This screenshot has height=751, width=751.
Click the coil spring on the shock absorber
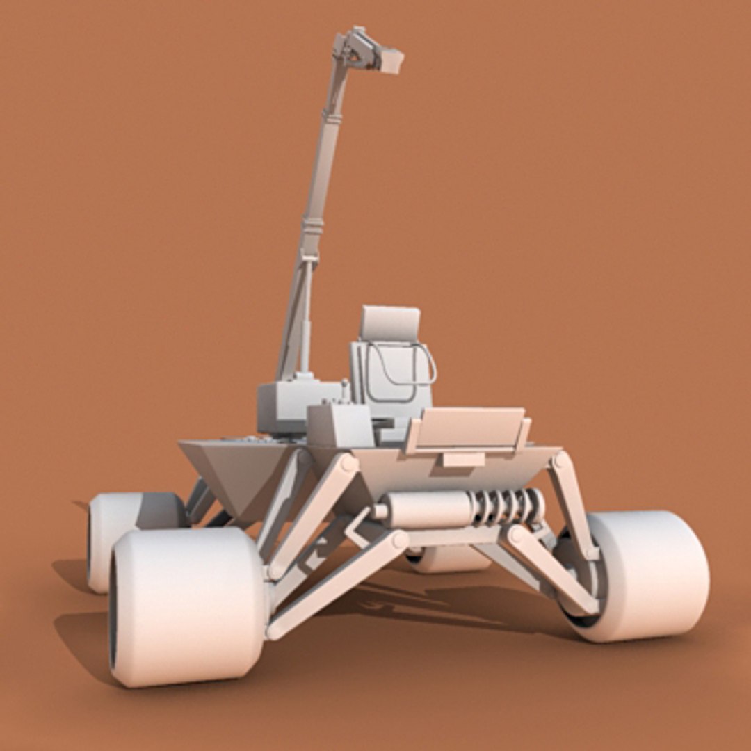(x=508, y=508)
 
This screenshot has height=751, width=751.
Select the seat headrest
(x=390, y=323)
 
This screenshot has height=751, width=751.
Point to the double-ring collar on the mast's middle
(x=313, y=225)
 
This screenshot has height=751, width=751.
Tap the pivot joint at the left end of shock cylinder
(x=380, y=512)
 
